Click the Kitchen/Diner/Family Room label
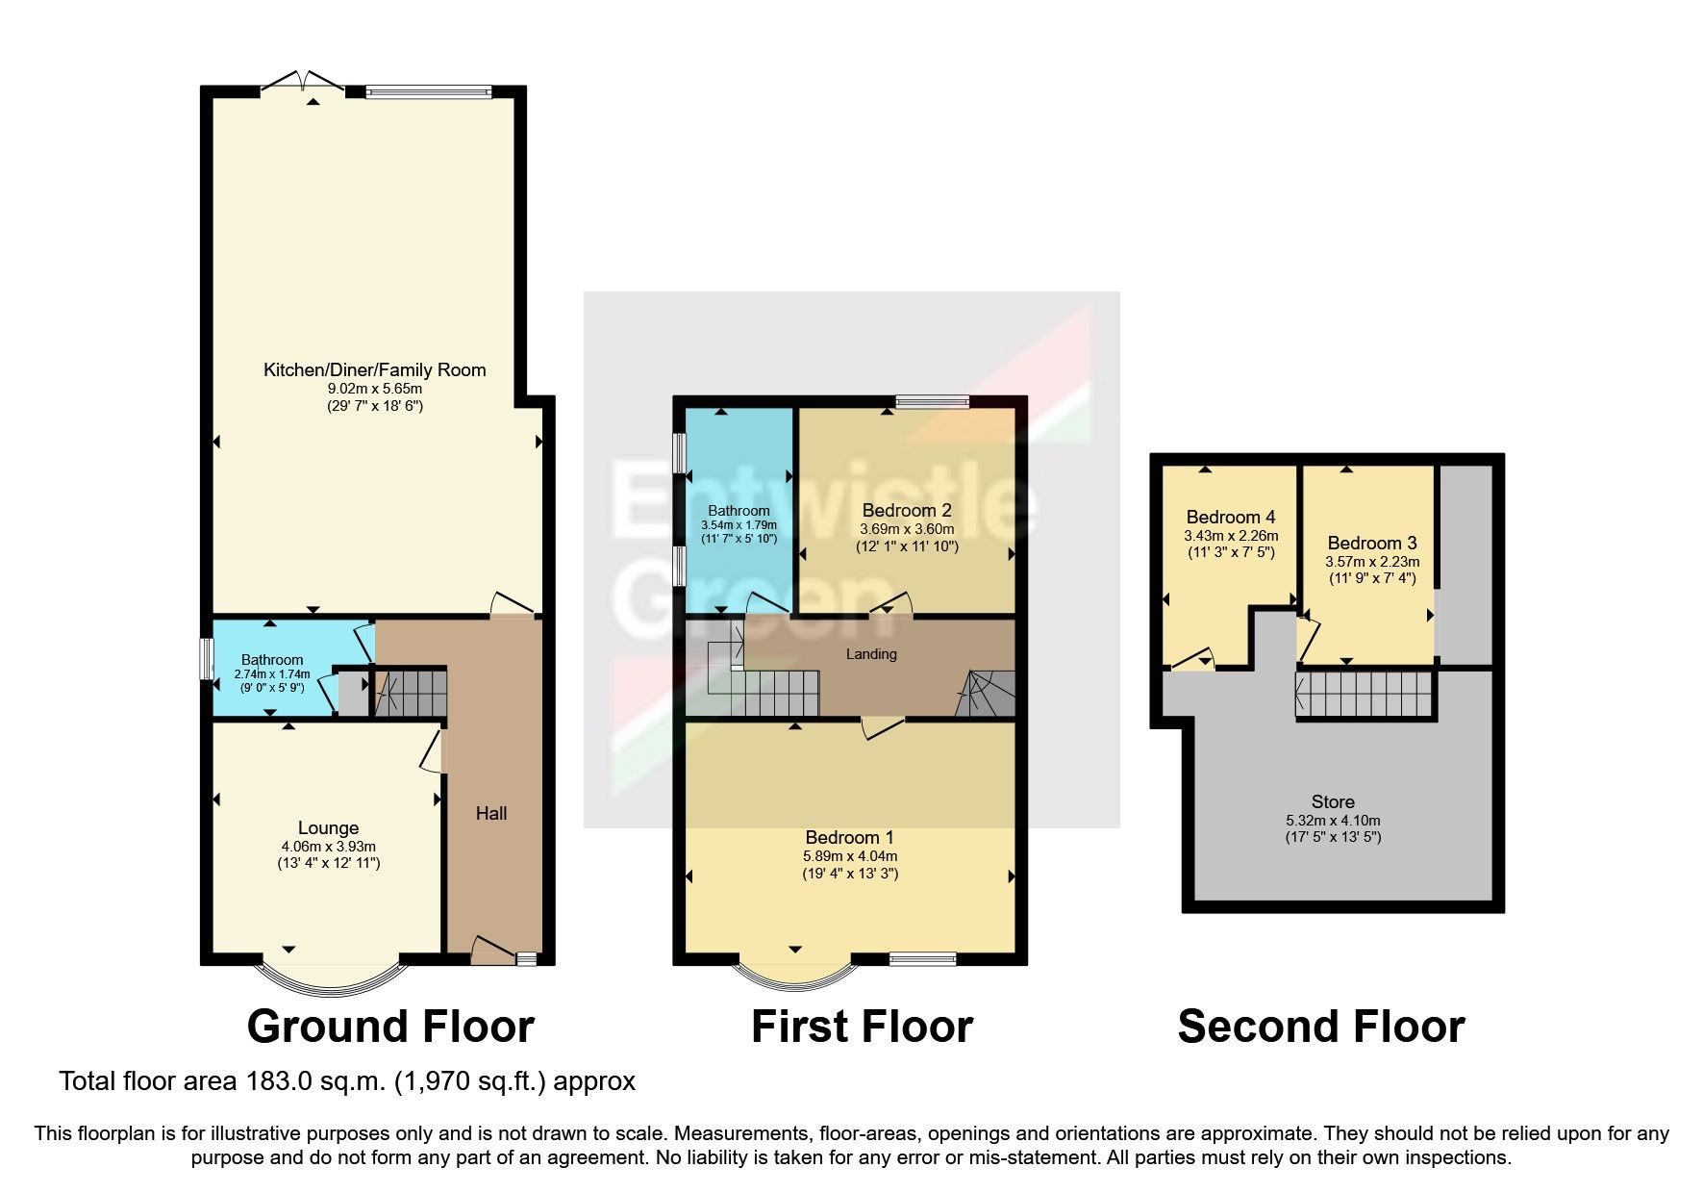(x=374, y=369)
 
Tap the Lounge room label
(x=328, y=827)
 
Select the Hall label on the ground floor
(x=490, y=813)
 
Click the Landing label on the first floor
(x=871, y=654)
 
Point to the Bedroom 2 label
(x=906, y=510)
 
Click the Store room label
(x=1332, y=801)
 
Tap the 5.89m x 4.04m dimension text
(x=850, y=855)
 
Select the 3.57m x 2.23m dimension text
(x=1371, y=562)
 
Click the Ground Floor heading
(x=389, y=1026)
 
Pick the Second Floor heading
(x=1320, y=1026)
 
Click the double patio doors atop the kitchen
(x=302, y=83)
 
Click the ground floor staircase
(x=411, y=693)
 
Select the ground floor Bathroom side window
(x=206, y=659)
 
